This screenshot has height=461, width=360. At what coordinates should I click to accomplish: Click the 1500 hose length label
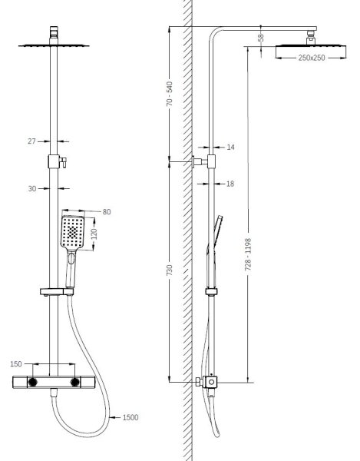(x=130, y=417)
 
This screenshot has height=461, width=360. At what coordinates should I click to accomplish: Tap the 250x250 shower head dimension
(x=312, y=58)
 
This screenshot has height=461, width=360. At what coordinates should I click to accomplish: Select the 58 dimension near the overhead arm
(x=261, y=38)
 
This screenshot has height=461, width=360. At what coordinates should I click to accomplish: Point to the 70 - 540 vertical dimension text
(x=170, y=94)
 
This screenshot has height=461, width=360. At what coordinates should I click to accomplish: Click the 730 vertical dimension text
(x=170, y=270)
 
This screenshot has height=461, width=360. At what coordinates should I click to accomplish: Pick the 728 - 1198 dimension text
(x=248, y=254)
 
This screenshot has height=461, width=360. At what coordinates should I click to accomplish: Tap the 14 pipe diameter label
(x=231, y=147)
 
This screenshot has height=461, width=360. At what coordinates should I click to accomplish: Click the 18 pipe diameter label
(x=230, y=184)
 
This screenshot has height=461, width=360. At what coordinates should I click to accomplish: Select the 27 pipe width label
(x=31, y=141)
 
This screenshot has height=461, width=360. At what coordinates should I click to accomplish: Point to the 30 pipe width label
(x=32, y=188)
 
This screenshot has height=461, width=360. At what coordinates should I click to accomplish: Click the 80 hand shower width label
(x=107, y=212)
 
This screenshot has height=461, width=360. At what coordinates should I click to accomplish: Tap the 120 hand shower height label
(x=94, y=234)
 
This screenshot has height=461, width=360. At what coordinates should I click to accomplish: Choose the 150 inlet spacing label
(x=16, y=364)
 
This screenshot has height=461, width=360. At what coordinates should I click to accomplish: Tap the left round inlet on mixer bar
(x=32, y=382)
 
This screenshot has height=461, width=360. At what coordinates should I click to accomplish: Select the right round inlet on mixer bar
(x=75, y=382)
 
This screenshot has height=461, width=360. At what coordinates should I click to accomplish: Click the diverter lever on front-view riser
(x=63, y=162)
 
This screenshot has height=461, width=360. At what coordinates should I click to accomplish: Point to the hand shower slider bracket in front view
(x=57, y=292)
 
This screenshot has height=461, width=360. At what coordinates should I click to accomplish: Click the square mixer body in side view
(x=211, y=382)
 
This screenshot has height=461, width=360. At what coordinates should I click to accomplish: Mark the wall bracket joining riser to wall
(x=200, y=161)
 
